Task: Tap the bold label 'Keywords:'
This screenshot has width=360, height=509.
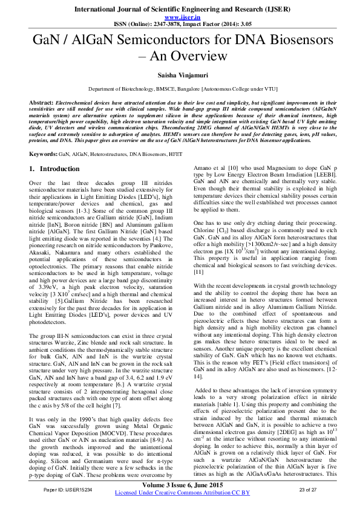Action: [x=44, y=155]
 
